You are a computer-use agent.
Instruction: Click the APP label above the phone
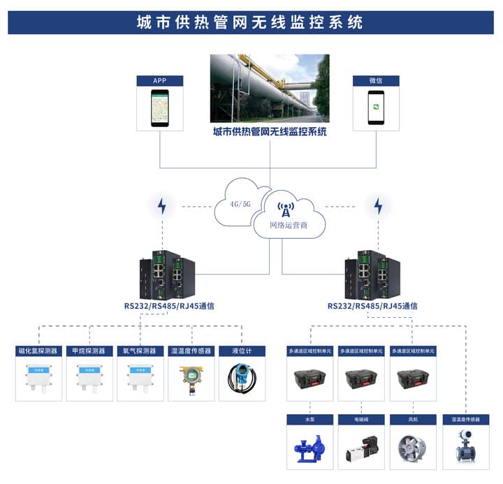[x=161, y=80]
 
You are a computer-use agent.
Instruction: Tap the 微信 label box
[x=376, y=80]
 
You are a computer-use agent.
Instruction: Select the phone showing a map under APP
[x=161, y=108]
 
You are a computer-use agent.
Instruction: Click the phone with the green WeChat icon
[x=376, y=108]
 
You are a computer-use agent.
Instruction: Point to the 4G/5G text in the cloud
[x=240, y=205]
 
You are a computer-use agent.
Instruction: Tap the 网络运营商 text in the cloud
[x=289, y=226]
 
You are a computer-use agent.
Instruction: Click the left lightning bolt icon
[x=162, y=206]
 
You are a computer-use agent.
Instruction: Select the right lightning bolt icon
[x=378, y=206]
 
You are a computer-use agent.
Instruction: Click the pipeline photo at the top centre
[x=270, y=89]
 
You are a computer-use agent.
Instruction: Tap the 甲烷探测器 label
[x=89, y=351]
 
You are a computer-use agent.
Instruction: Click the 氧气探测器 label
[x=140, y=351]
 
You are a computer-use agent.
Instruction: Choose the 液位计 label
[x=242, y=351]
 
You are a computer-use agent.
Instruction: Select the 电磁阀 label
[x=361, y=420]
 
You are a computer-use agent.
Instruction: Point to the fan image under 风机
[x=412, y=448]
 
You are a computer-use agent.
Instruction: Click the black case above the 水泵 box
[x=310, y=379]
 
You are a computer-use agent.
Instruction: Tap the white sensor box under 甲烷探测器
[x=89, y=378]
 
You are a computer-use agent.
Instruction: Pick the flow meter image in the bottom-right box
[x=465, y=446]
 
